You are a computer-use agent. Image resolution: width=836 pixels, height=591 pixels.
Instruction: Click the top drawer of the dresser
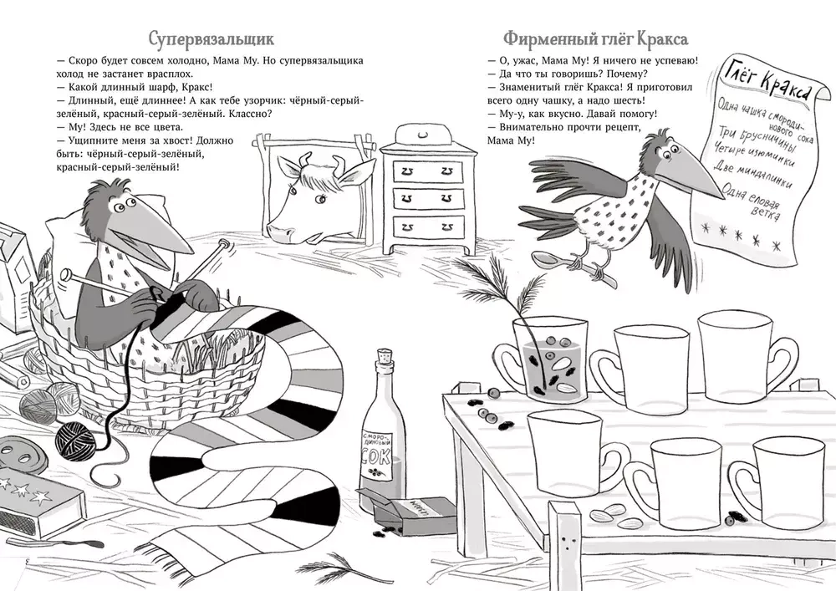point(427,170)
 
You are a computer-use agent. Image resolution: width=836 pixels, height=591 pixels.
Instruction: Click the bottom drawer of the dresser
point(427,226)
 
